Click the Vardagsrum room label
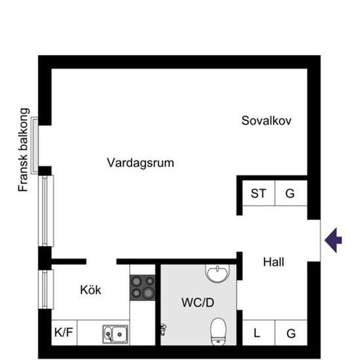140,163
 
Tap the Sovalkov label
266,121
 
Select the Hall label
274,262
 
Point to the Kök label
90,289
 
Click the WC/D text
198,302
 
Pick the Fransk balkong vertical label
24,150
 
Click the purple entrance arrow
333,240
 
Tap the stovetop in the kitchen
143,288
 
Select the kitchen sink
115,334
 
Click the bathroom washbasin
217,273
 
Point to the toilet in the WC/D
219,331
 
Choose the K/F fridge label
63,333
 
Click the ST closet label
259,193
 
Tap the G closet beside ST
290,193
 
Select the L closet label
257,333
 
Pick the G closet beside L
291,333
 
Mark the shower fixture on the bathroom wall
163,329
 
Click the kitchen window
46,289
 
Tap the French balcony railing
35,145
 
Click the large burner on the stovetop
148,293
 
